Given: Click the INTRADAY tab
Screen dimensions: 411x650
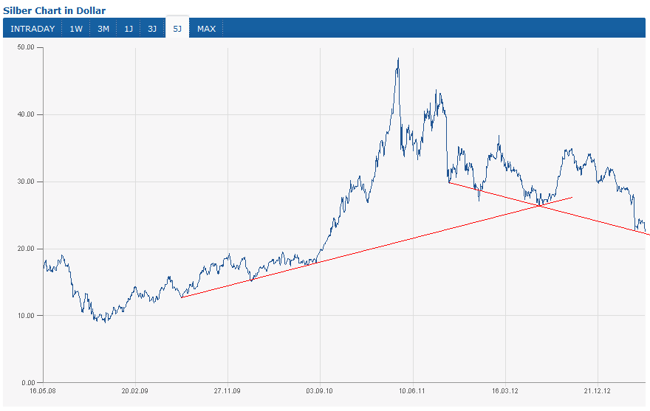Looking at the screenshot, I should (x=32, y=29).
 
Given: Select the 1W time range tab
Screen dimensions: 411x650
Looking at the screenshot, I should (x=76, y=29).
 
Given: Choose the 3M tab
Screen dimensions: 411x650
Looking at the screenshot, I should (x=103, y=29).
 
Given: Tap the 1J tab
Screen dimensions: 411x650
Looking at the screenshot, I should (x=129, y=29).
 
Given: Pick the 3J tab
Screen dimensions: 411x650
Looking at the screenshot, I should (x=152, y=29).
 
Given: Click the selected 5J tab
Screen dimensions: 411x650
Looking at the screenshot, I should (x=177, y=29).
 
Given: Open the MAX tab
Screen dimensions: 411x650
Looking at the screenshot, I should (x=207, y=29).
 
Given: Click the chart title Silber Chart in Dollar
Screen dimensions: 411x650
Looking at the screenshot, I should (x=55, y=10).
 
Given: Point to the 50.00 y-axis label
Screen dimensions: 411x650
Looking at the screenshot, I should (x=27, y=47).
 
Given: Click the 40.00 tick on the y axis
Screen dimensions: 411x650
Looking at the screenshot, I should (x=27, y=114).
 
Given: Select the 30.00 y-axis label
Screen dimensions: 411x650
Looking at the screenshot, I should (x=27, y=182).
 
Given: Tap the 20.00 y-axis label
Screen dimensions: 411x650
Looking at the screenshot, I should (x=27, y=249).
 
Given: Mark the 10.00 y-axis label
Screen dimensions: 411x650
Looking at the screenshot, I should (x=27, y=316).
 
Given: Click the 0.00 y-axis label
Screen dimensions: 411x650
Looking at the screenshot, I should (x=29, y=383).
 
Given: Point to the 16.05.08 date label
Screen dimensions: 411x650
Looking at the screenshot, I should (x=43, y=391).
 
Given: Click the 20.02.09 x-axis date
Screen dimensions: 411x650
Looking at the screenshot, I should (x=135, y=391).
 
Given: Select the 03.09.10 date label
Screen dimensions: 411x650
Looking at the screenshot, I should (x=319, y=391).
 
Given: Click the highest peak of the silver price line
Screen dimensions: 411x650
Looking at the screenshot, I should (x=398, y=59).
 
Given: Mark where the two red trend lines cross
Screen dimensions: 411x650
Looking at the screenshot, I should (x=540, y=205).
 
